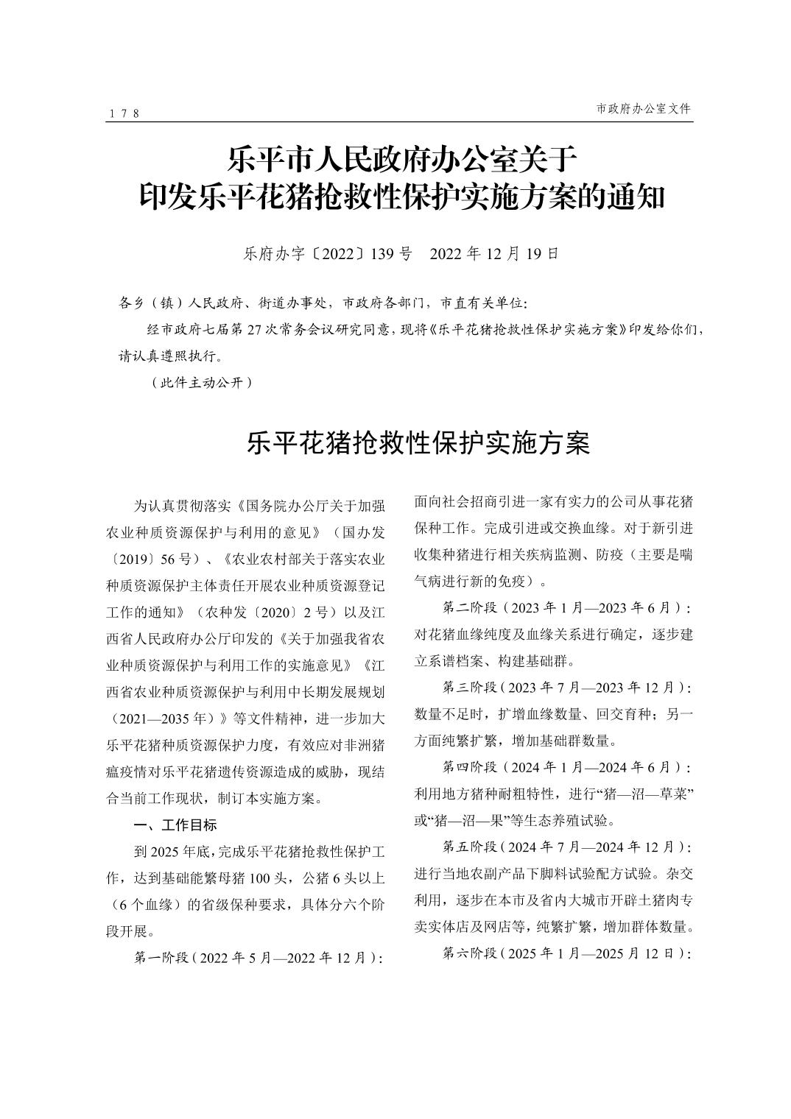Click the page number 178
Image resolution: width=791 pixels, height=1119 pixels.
pyautogui.click(x=124, y=113)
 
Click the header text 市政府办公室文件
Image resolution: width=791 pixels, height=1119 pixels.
pyautogui.click(x=643, y=108)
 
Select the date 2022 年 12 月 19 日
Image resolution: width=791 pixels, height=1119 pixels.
pyautogui.click(x=494, y=254)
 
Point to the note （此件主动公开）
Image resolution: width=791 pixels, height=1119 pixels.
pyautogui.click(x=201, y=383)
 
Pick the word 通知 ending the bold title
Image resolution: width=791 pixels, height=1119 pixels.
pyautogui.click(x=636, y=197)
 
